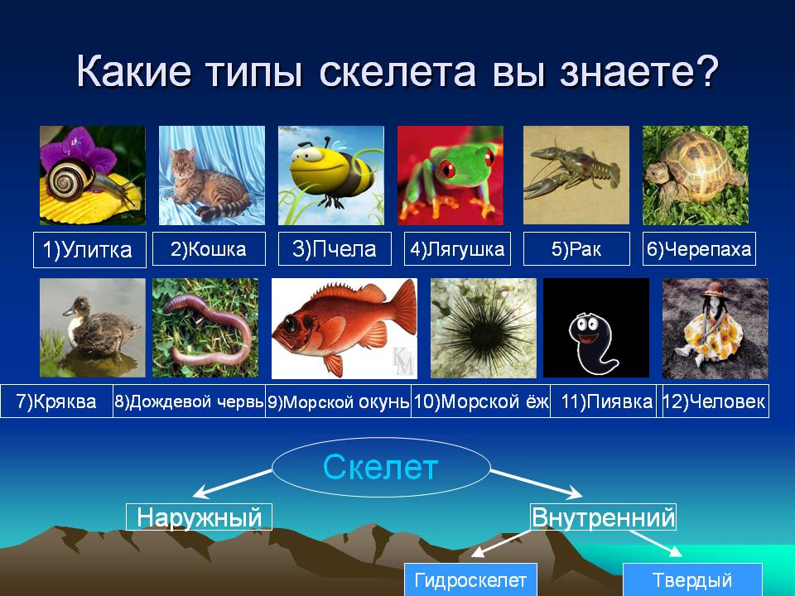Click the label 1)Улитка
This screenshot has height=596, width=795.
coord(89,249)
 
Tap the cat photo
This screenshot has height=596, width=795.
coord(212,175)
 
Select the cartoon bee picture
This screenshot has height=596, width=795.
coord(331,175)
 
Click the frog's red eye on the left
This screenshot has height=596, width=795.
coord(448,168)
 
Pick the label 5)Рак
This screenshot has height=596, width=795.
coord(576,249)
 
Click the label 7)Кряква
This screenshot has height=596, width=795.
coord(56,401)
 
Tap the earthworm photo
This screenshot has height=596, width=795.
coord(205,328)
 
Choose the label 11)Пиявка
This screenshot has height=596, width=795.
coord(606,401)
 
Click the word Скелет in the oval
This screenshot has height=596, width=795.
coord(380,467)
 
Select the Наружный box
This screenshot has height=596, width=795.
coord(200,517)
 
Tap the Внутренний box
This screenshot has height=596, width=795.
coord(604,517)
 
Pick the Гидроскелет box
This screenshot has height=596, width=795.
coord(470,579)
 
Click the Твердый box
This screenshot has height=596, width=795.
coord(692,579)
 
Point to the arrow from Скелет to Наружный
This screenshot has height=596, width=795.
coord(232,483)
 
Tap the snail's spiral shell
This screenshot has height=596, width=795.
coord(70,179)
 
